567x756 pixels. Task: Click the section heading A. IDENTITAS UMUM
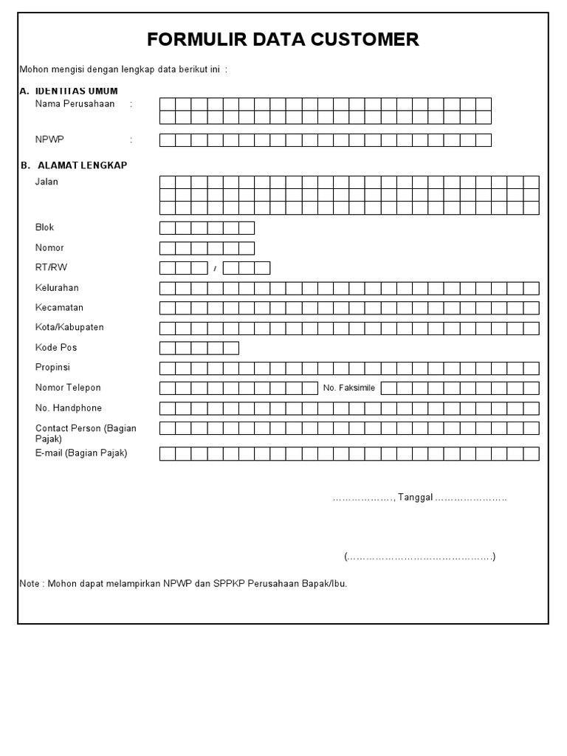pos(69,91)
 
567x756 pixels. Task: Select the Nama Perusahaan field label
pos(75,104)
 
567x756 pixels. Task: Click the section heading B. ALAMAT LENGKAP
pos(74,165)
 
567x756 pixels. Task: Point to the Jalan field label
pos(47,182)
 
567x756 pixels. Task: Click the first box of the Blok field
pos(168,228)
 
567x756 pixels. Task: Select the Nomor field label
pos(49,247)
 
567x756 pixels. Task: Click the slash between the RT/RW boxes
pos(215,269)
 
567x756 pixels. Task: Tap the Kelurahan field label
pos(57,288)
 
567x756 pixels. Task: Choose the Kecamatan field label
pos(59,308)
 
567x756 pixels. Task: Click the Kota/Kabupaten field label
pos(69,328)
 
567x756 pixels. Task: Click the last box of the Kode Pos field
pos(230,348)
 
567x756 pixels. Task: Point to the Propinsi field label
pos(52,368)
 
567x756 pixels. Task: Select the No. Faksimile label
pos(349,388)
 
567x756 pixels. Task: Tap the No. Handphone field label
pos(69,408)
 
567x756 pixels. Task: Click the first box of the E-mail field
pos(168,453)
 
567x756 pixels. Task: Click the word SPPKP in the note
pos(229,584)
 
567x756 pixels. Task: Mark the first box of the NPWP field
pos(168,140)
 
